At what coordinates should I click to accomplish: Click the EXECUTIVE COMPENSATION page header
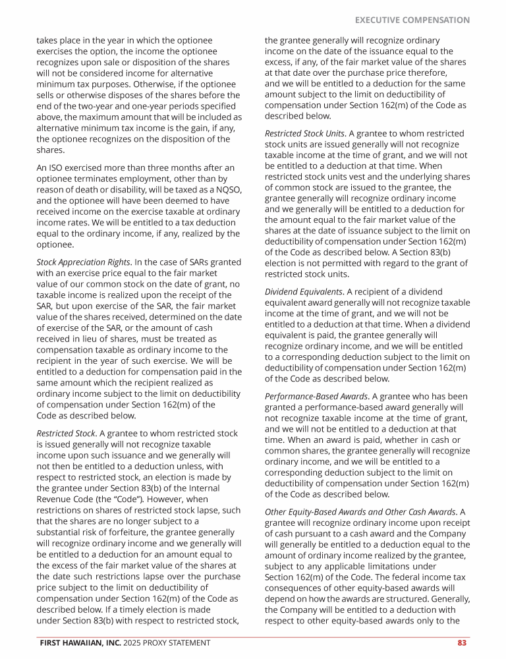pos(412,20)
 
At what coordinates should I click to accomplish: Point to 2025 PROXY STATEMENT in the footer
pos(167,643)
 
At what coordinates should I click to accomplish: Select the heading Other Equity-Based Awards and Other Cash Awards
pos(360,512)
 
